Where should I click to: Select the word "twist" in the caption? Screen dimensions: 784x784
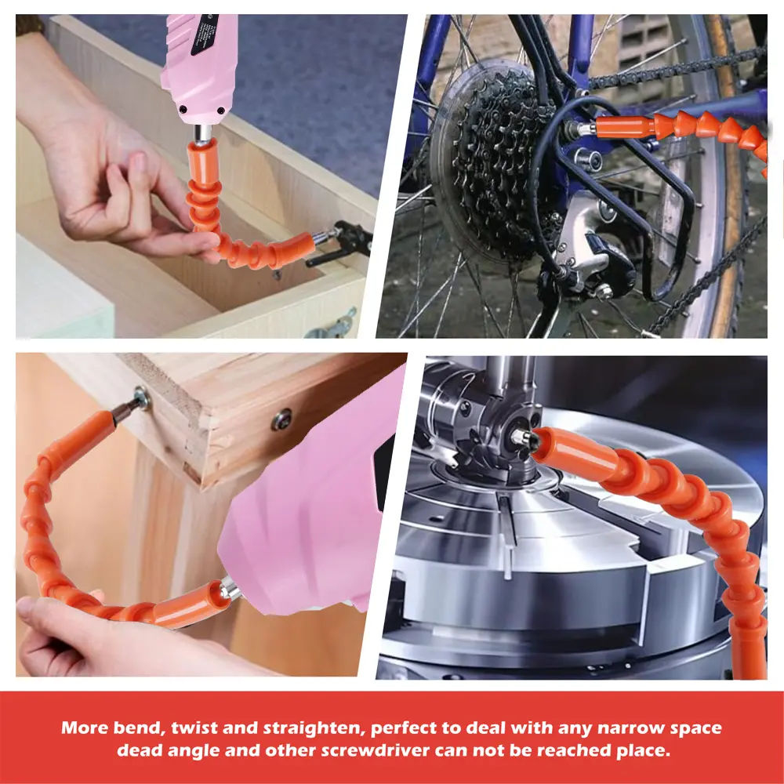point(194,728)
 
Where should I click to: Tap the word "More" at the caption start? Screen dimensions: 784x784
point(85,728)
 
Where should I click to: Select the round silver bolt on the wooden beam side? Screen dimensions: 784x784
point(281,419)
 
